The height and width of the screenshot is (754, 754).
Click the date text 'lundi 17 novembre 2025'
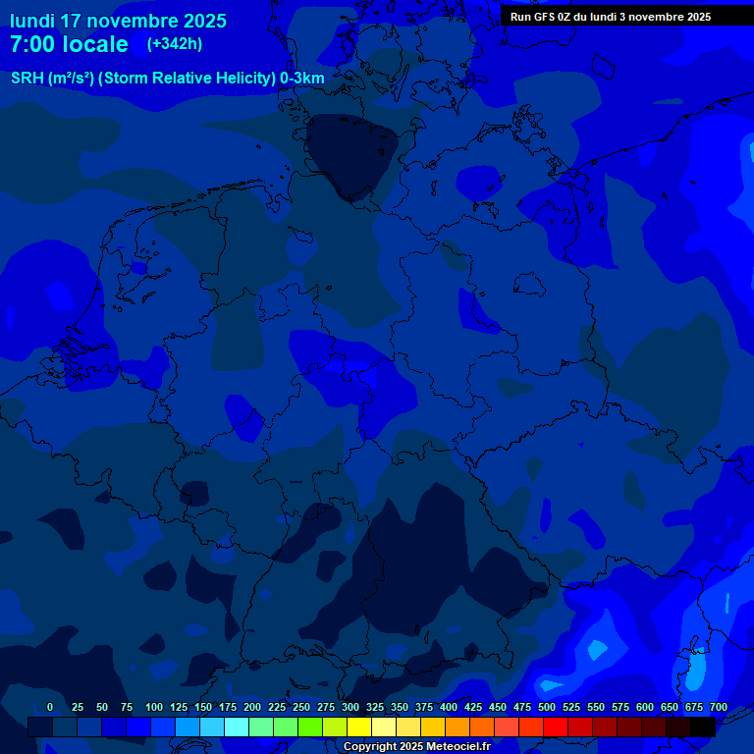click(x=118, y=21)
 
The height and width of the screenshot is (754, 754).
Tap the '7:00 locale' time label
click(x=69, y=44)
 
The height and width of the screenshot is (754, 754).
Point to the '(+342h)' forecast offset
click(x=175, y=44)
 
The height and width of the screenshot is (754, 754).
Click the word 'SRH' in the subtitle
click(x=27, y=79)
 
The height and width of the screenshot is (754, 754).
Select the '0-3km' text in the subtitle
click(x=302, y=79)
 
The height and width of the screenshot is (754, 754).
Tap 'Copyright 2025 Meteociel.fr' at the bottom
click(x=416, y=746)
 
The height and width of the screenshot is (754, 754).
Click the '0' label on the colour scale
click(x=50, y=707)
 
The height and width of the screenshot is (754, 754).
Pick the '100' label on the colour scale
click(x=154, y=707)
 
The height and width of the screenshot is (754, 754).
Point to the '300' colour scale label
click(x=350, y=707)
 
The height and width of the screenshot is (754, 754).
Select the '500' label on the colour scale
click(x=547, y=707)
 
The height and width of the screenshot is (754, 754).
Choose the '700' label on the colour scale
click(x=719, y=707)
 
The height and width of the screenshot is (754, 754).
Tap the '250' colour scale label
click(x=301, y=707)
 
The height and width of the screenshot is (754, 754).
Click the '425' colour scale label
click(x=473, y=707)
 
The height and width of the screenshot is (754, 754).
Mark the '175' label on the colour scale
click(x=228, y=707)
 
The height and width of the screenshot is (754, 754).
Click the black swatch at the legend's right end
click(x=703, y=727)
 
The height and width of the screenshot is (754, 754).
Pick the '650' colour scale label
click(x=670, y=707)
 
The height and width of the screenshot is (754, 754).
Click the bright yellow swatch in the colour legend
click(x=359, y=727)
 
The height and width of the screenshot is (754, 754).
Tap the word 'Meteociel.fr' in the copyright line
click(x=458, y=746)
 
